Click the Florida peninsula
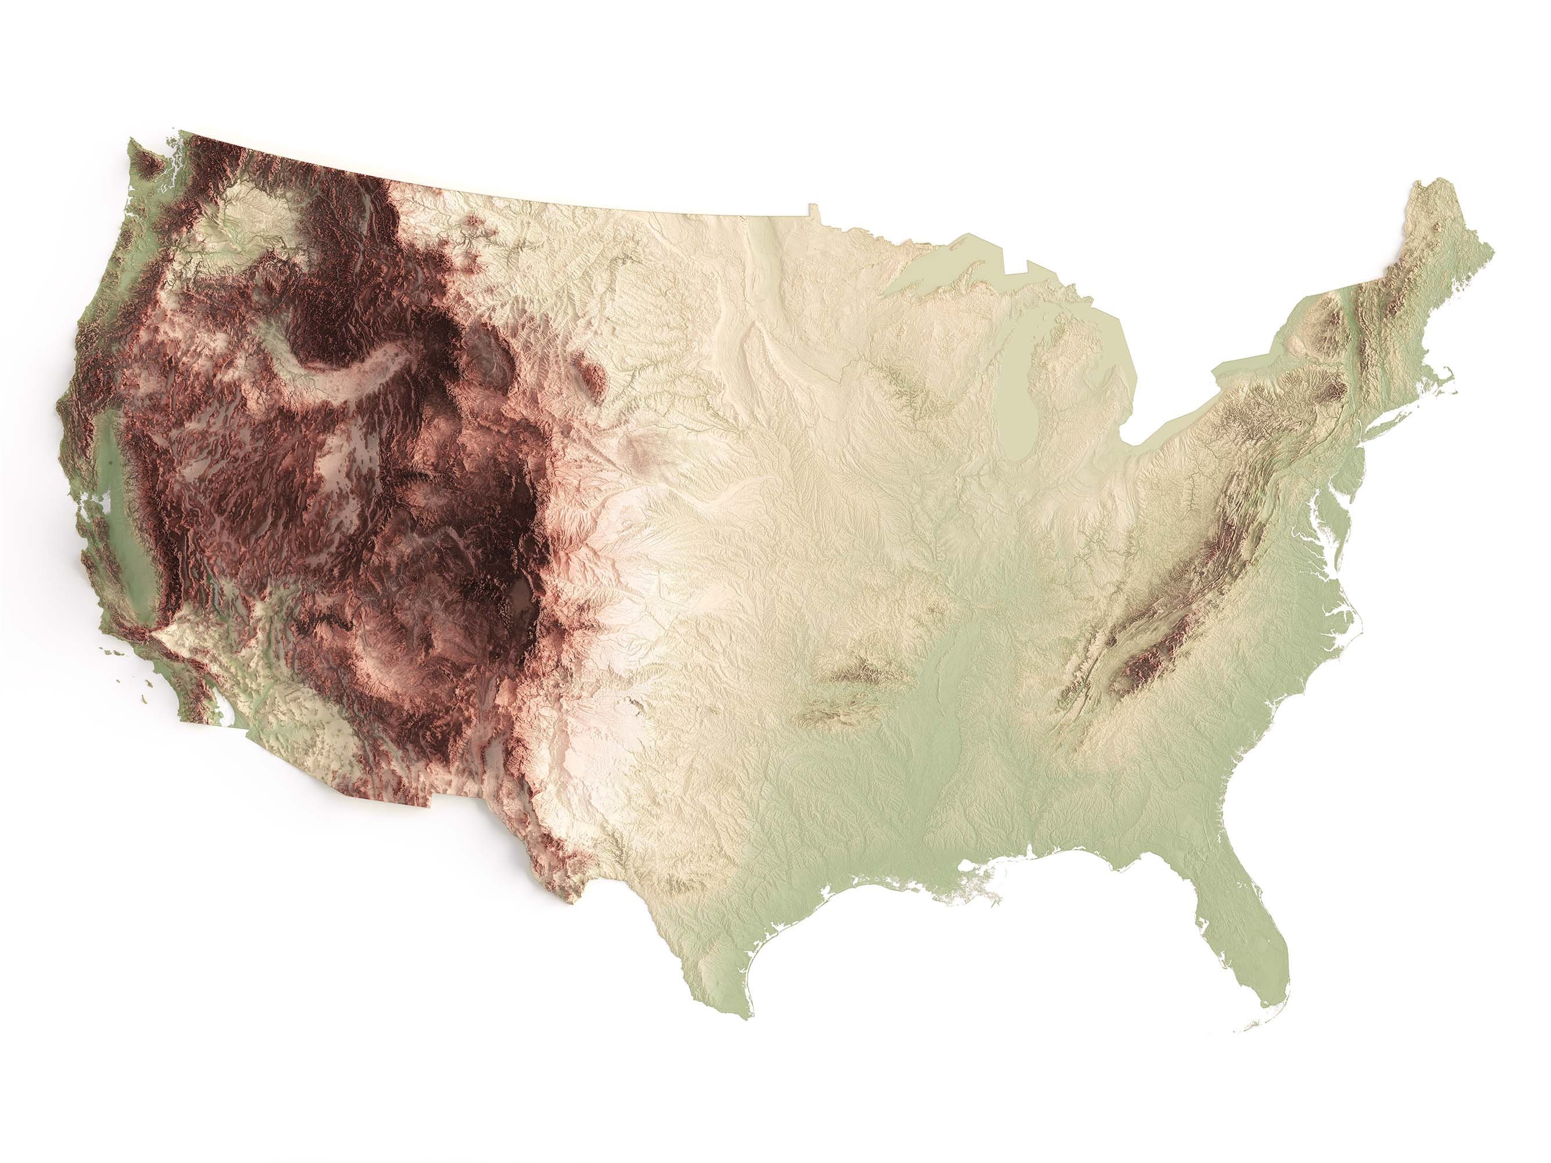coord(1241,954)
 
